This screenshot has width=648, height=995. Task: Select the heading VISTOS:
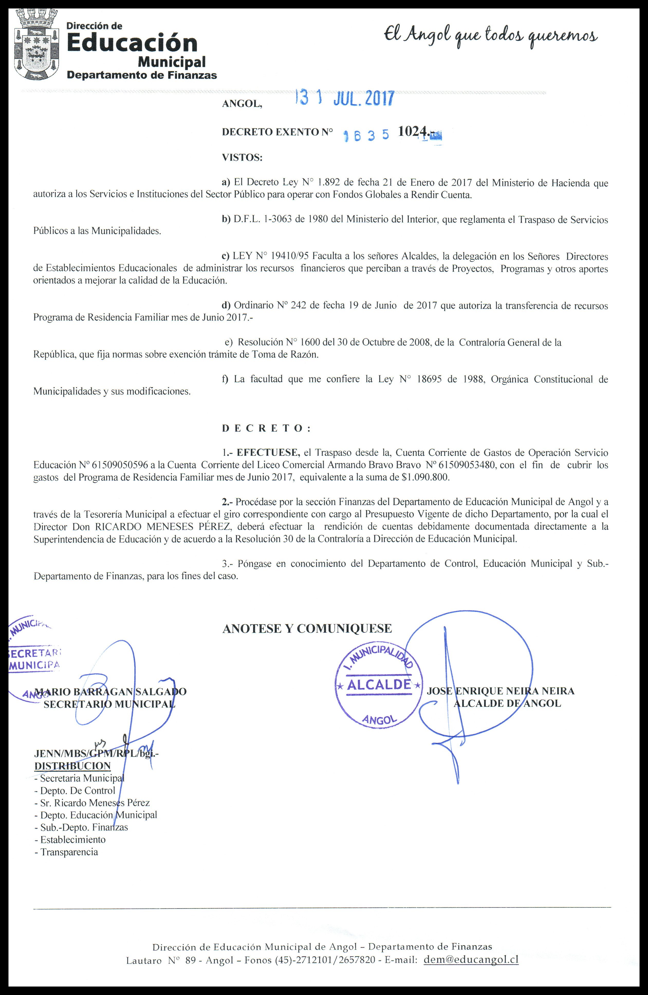tap(242, 158)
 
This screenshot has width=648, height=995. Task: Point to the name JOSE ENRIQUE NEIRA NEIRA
tap(500, 691)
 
